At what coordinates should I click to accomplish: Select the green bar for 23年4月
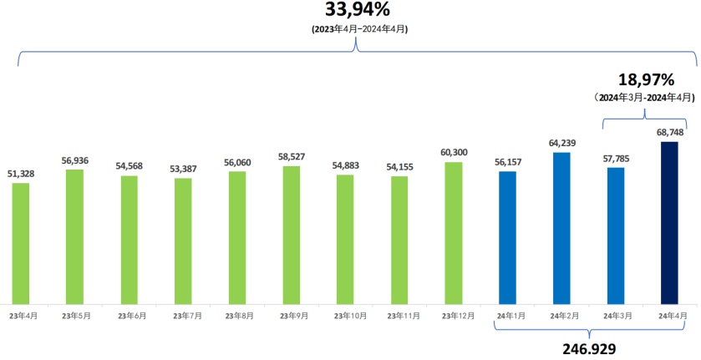[21, 242]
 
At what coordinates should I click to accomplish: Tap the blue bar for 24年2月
[561, 227]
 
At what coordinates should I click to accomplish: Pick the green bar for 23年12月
[454, 232]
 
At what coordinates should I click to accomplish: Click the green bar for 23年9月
[292, 234]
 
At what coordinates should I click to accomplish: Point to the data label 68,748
[669, 133]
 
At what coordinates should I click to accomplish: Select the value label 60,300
[454, 153]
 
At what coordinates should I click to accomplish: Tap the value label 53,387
[183, 169]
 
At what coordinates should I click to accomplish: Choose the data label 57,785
[616, 159]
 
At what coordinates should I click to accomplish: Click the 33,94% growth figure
[358, 11]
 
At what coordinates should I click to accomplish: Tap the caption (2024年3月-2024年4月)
[645, 98]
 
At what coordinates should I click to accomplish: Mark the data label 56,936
[75, 160]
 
